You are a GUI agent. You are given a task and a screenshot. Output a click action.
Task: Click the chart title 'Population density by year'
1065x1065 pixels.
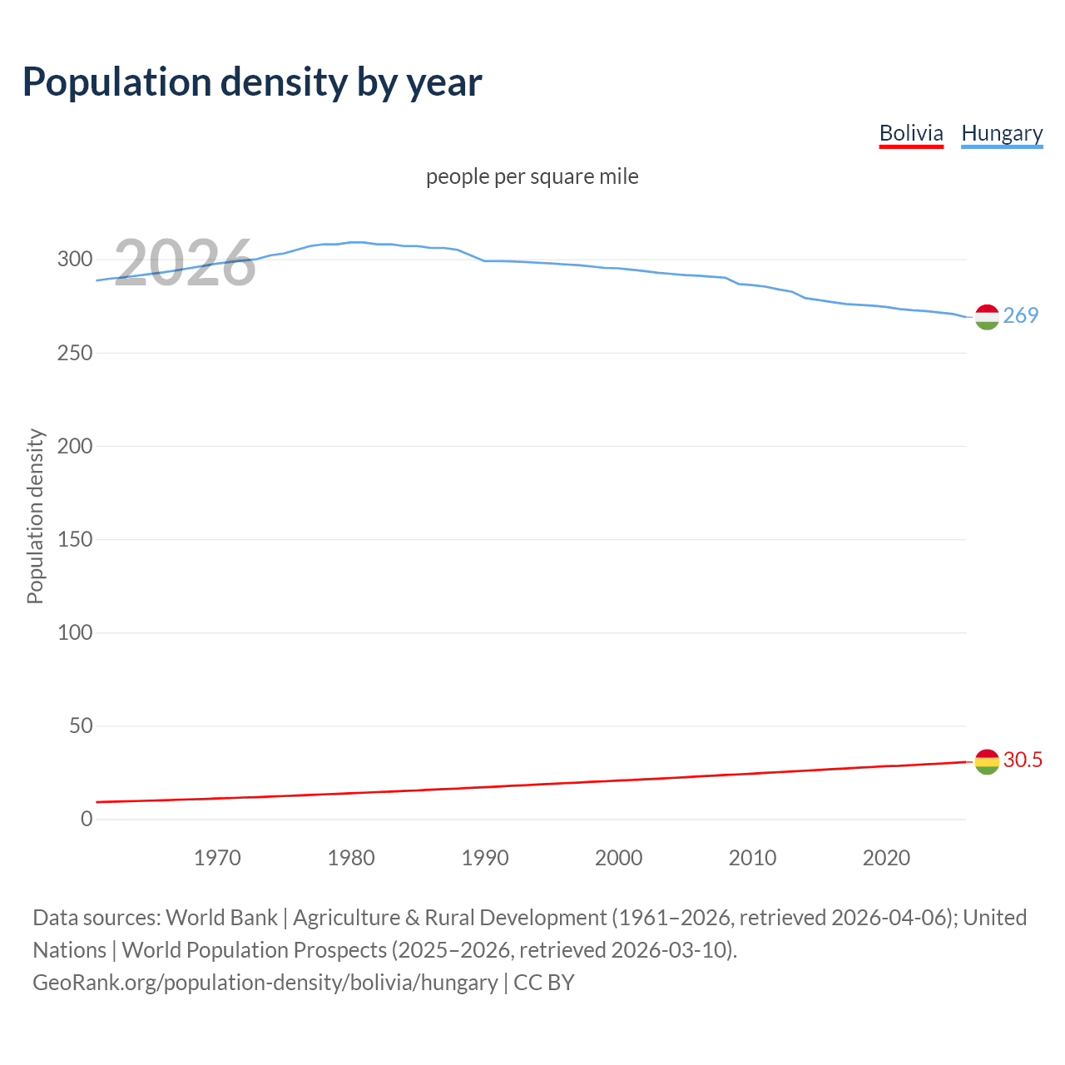pyautogui.click(x=252, y=82)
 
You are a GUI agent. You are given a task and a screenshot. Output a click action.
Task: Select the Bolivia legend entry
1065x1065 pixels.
pyautogui.click(x=911, y=133)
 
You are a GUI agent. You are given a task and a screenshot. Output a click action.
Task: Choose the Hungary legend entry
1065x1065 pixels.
pyautogui.click(x=1002, y=133)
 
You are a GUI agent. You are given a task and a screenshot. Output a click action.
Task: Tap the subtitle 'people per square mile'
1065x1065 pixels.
pyautogui.click(x=532, y=176)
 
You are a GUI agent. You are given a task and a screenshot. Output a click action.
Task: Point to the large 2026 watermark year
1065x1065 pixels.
pyautogui.click(x=184, y=264)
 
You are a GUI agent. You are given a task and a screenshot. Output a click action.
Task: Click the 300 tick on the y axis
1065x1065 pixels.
pyautogui.click(x=75, y=259)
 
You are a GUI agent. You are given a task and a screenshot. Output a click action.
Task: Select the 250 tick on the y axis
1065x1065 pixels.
pyautogui.click(x=75, y=353)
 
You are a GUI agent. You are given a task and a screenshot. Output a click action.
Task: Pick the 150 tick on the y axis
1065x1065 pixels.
pyautogui.click(x=75, y=539)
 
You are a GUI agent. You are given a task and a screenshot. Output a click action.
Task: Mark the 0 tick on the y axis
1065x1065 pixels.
pyautogui.click(x=87, y=819)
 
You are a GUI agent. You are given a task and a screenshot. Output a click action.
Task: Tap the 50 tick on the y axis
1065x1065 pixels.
pyautogui.click(x=81, y=726)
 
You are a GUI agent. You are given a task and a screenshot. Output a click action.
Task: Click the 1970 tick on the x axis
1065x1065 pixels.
pyautogui.click(x=217, y=858)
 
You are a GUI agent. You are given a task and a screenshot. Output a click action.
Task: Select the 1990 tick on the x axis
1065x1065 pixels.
pyautogui.click(x=485, y=858)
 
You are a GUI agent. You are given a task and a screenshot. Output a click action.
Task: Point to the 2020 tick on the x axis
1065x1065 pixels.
pyautogui.click(x=886, y=858)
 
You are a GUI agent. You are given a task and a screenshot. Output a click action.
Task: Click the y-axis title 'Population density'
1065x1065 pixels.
pyautogui.click(x=35, y=516)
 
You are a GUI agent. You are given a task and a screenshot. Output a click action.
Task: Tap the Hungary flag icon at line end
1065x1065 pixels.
pyautogui.click(x=987, y=317)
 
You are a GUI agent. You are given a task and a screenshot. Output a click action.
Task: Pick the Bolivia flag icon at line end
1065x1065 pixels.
pyautogui.click(x=987, y=761)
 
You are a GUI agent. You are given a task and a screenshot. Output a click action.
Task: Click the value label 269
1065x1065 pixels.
pyautogui.click(x=1021, y=315)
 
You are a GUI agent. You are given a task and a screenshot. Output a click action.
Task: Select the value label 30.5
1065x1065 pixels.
pyautogui.click(x=1023, y=760)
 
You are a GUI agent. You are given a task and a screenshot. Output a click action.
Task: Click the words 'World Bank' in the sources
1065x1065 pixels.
pyautogui.click(x=221, y=918)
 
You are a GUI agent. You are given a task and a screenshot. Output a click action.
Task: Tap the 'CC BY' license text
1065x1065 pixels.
pyautogui.click(x=544, y=983)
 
